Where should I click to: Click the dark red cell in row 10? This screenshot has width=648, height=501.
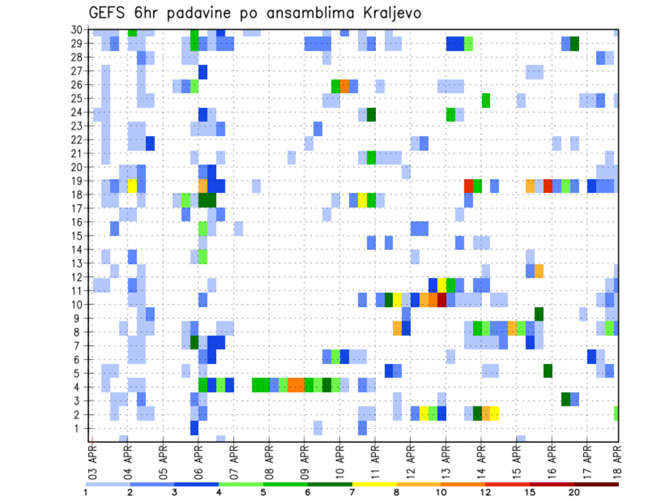(441, 299)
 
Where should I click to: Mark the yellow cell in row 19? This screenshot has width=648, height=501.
(132, 186)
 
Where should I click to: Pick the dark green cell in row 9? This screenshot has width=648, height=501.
(539, 313)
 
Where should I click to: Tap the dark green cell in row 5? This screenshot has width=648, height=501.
(547, 371)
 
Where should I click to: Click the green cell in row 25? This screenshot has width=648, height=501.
(485, 100)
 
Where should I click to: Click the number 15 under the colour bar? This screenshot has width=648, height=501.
(530, 492)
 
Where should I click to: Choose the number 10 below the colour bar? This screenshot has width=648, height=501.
(441, 492)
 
